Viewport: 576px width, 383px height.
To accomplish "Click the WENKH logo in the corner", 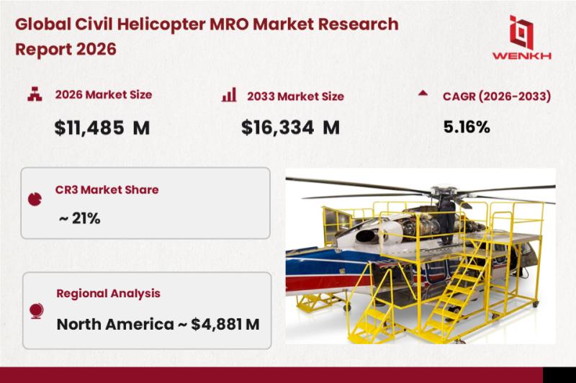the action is pos(521,37).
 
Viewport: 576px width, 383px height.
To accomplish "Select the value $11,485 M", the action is pos(102,128).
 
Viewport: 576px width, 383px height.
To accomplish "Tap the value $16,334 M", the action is pos(290,127).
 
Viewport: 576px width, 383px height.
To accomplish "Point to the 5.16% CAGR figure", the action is pos(467,127).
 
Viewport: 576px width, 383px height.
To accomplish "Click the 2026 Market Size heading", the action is pos(104,95).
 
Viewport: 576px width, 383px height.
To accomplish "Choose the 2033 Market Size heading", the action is pos(295,96).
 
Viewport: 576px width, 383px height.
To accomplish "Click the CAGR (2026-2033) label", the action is pos(497,96).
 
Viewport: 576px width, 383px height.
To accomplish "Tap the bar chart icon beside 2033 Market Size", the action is pos(229,95).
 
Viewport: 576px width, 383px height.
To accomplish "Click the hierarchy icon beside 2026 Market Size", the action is pos(35,94).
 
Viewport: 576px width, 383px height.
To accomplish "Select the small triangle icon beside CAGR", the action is pos(423,93).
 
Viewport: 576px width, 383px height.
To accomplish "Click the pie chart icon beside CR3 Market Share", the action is pos(35,199).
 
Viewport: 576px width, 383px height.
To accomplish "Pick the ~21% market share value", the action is pos(79,218).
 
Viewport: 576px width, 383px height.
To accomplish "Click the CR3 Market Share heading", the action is pos(107,190).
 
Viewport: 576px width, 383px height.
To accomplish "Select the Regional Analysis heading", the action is pos(109,294).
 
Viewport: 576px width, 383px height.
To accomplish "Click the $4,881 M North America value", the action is pos(225,324).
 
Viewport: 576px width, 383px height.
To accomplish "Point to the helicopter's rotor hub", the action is pos(444,192).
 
